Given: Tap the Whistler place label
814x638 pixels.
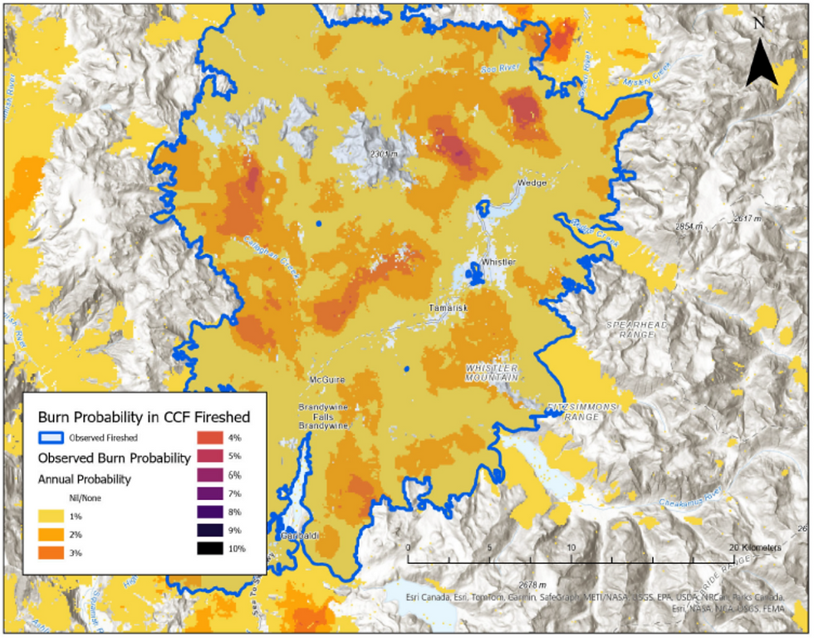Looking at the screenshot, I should click(498, 263).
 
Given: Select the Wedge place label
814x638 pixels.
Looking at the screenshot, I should click(532, 183).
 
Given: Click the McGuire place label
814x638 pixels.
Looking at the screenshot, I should click(326, 381).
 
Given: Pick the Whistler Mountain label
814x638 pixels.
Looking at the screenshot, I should click(492, 372).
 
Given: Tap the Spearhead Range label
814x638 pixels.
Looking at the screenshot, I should click(637, 327).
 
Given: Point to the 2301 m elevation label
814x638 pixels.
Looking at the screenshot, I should click(385, 154).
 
